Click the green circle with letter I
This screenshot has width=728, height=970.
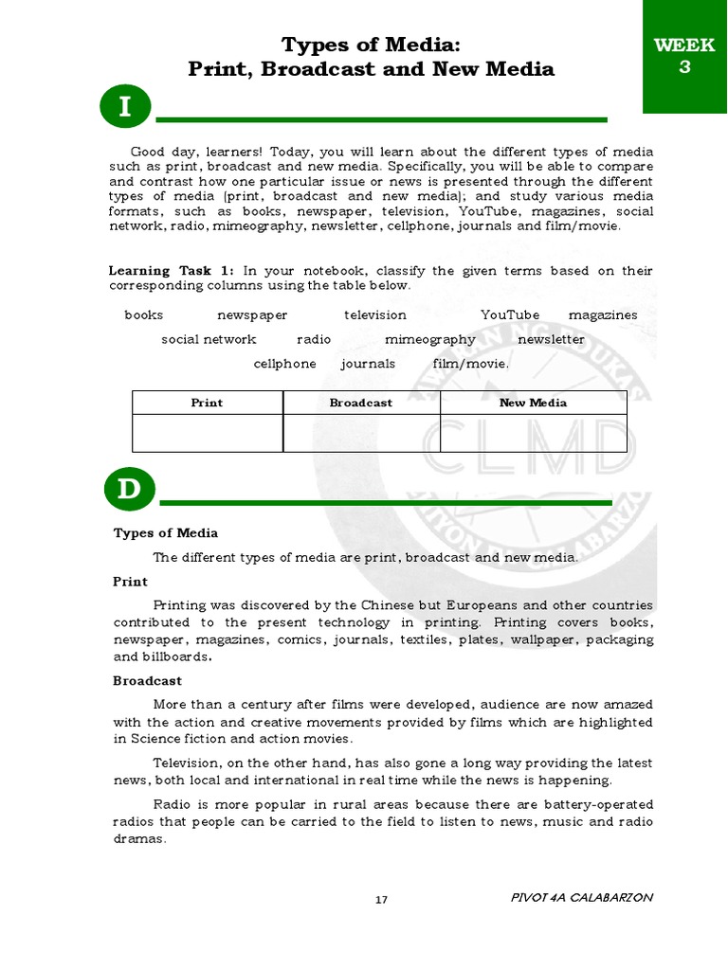pos(124,108)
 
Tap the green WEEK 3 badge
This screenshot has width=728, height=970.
pos(684,56)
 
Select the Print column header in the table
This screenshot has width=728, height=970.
pos(207,403)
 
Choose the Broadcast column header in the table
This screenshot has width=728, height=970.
pos(361,403)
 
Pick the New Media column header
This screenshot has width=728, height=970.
pos(533,403)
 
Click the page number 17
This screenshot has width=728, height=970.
pos(381,900)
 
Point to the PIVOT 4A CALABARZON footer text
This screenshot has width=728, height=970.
pos(581,898)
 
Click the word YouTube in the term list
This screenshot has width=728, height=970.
pos(510,315)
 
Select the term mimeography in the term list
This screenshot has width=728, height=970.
pos(430,339)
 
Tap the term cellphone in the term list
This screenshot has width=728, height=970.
pos(285,364)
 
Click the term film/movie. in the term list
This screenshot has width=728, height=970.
pos(471,364)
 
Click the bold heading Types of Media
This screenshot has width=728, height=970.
pos(166,533)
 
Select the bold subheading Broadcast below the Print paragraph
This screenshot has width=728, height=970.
pos(148,681)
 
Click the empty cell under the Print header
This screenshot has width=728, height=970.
pos(207,433)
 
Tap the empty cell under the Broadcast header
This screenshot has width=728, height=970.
pos(361,433)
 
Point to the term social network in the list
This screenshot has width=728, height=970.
pos(209,339)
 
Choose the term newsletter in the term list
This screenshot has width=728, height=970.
pos(551,339)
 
